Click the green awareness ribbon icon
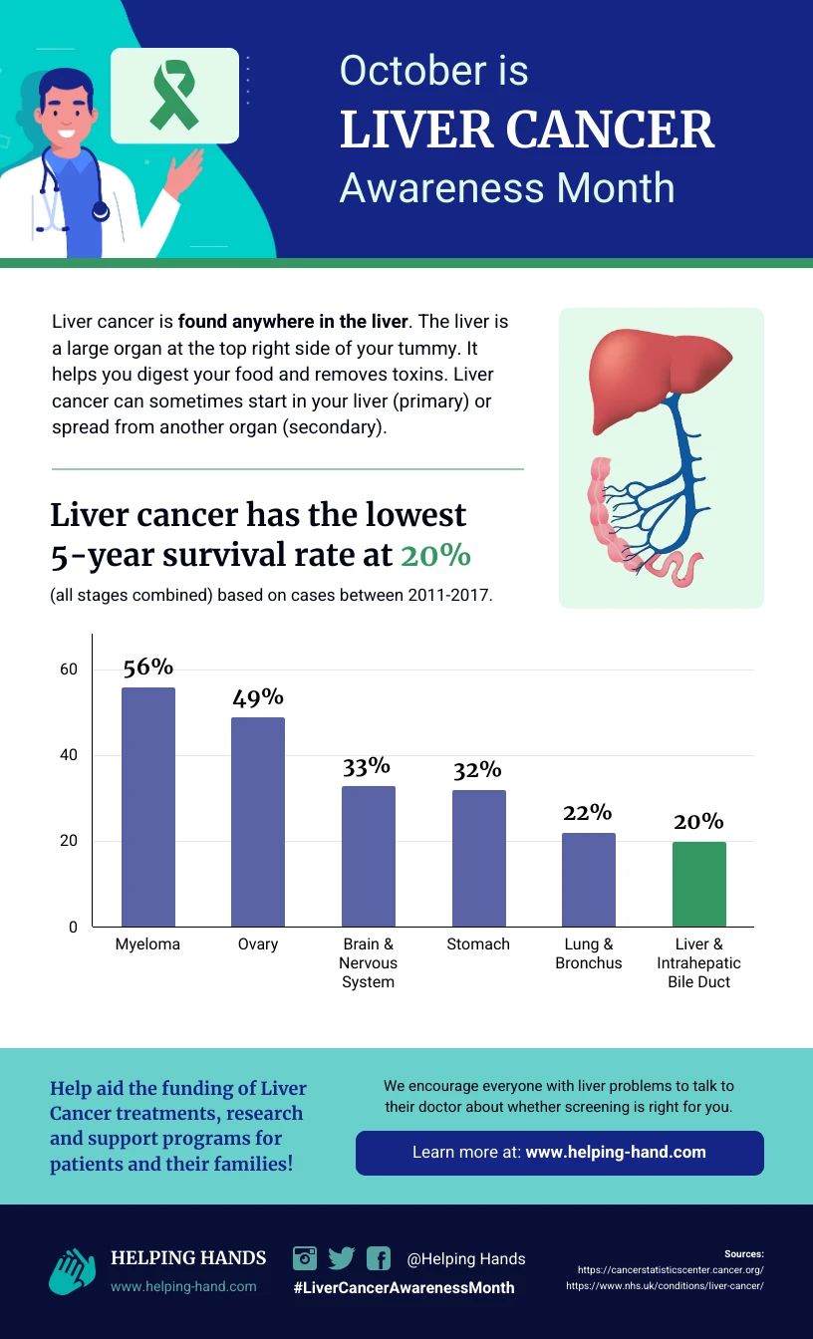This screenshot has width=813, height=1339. click(174, 96)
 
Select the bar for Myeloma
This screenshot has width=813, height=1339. click(147, 807)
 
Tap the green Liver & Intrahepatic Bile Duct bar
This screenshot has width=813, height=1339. click(698, 884)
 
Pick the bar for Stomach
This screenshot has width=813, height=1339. click(478, 858)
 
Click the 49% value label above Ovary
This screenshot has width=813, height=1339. click(258, 697)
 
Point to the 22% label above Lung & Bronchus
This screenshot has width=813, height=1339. click(588, 813)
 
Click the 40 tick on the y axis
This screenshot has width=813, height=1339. click(68, 755)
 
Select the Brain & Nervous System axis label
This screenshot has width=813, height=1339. click(368, 962)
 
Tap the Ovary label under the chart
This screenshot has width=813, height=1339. click(258, 943)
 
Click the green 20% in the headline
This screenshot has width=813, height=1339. click(435, 555)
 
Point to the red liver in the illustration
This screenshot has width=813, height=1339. click(658, 369)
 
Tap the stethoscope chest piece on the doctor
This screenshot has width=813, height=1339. click(100, 211)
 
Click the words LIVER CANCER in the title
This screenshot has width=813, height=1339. click(527, 130)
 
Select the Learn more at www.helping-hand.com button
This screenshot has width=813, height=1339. click(559, 1153)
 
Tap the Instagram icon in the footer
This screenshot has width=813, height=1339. click(305, 1257)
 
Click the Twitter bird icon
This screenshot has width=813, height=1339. click(342, 1257)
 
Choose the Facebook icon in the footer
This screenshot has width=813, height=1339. click(379, 1258)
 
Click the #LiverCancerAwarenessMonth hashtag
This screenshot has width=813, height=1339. click(404, 1287)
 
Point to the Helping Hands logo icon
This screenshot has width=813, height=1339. click(71, 1270)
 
